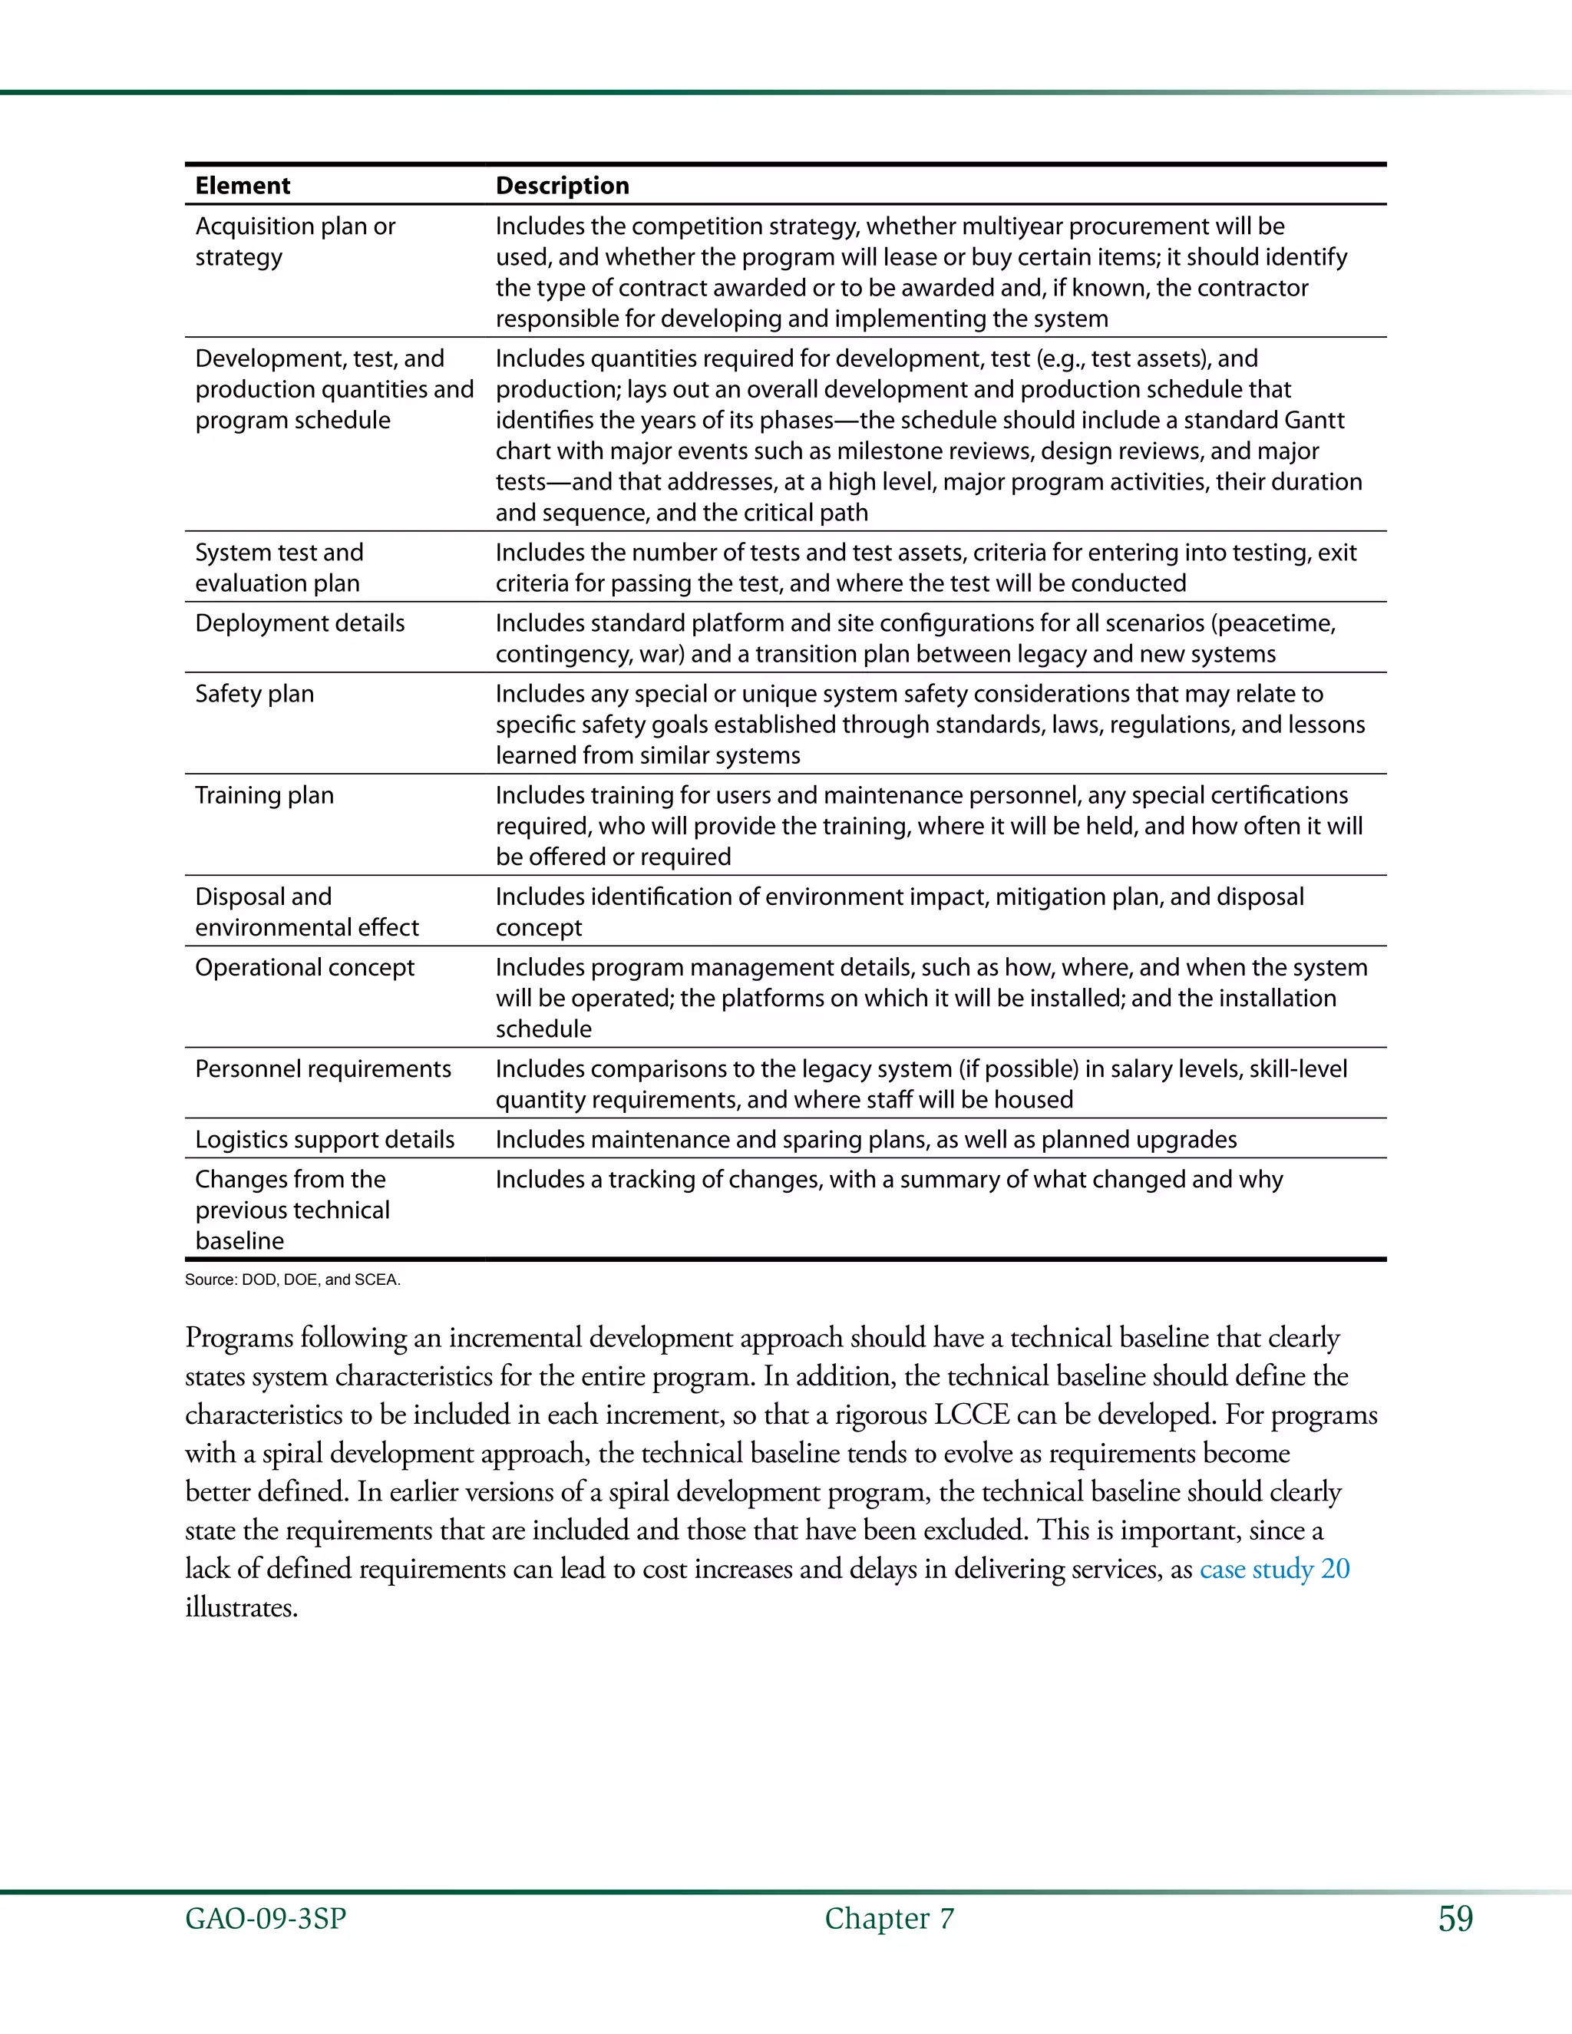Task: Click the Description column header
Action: click(x=562, y=185)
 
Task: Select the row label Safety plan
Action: click(x=254, y=694)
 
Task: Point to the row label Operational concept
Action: click(x=304, y=968)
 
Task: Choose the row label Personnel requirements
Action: click(x=322, y=1069)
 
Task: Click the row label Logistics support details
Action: click(x=324, y=1140)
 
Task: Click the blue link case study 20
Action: click(x=1274, y=1570)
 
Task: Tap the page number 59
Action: click(x=1455, y=1919)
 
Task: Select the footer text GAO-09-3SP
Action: click(x=266, y=1919)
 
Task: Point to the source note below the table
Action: click(x=292, y=1280)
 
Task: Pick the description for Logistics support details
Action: click(x=865, y=1140)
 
